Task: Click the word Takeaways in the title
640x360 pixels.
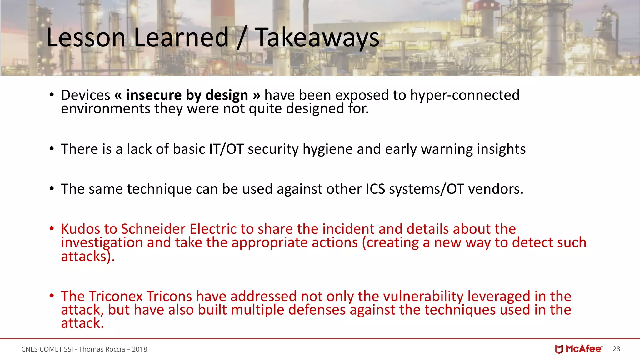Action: [x=317, y=38]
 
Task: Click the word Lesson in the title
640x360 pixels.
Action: [x=86, y=38]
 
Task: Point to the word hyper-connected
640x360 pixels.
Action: [x=465, y=95]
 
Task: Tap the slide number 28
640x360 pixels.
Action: [x=616, y=349]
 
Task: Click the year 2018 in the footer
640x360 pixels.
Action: [x=139, y=349]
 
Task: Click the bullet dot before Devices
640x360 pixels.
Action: [x=52, y=95]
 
